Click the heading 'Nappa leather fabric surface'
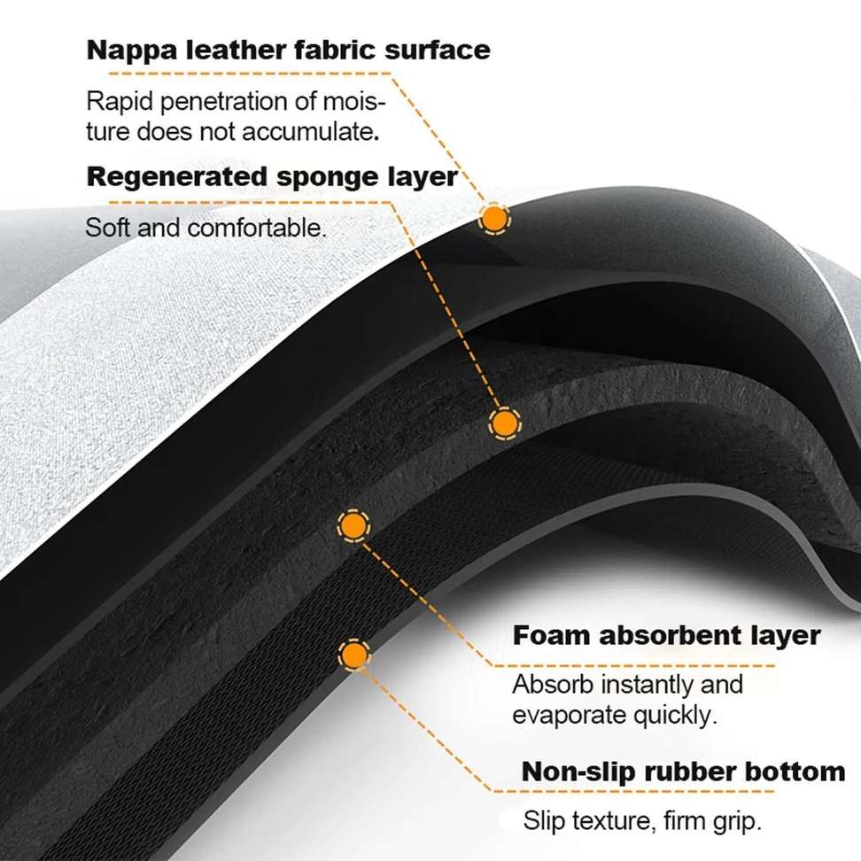(288, 50)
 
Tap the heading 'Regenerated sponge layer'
(272, 177)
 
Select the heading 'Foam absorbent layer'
(666, 636)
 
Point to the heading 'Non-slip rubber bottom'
(683, 771)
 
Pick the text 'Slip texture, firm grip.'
(642, 820)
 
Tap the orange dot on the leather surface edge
(493, 217)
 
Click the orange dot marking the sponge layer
(504, 423)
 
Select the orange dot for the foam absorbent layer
(353, 526)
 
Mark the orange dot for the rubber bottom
(354, 655)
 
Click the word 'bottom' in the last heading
(796, 771)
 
